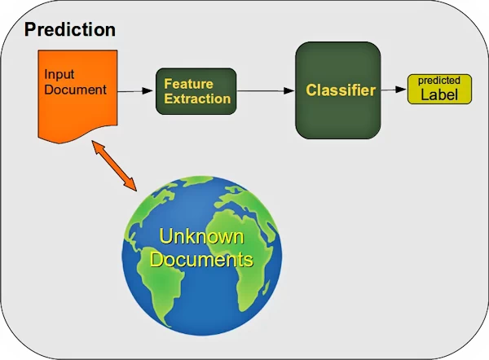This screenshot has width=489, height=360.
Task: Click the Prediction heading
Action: click(69, 30)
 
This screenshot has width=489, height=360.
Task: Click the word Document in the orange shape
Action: click(75, 90)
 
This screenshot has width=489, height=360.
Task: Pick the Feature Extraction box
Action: click(196, 90)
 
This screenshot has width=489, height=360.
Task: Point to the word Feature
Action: click(188, 83)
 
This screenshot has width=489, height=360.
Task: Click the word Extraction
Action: click(196, 99)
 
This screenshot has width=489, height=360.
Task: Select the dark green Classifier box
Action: click(337, 90)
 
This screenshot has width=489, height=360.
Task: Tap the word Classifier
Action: click(340, 90)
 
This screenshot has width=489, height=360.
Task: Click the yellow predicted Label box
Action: click(439, 90)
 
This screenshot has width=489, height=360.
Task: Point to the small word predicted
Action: click(439, 81)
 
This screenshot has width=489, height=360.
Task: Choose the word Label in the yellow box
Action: click(439, 94)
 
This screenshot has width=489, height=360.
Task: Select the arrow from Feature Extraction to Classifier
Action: click(265, 91)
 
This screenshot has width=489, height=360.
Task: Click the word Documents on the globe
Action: click(205, 260)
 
